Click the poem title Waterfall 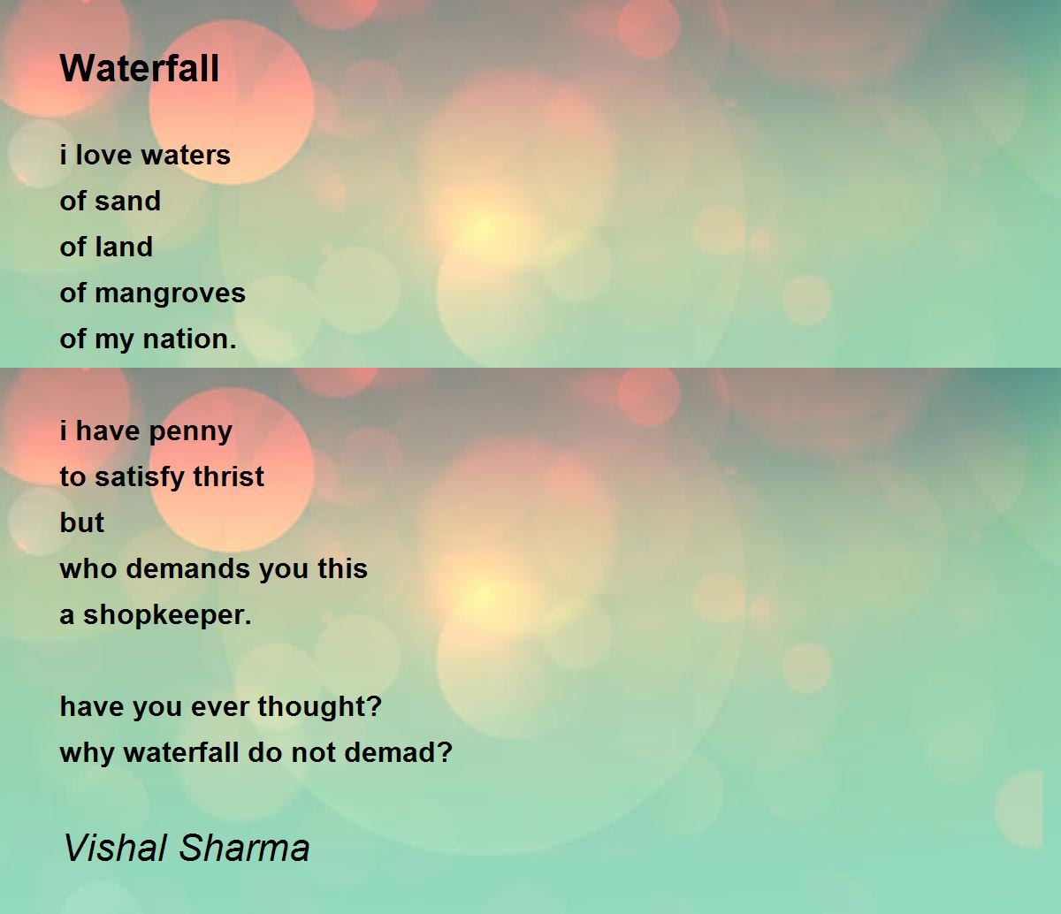tap(140, 69)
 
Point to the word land tap(124, 248)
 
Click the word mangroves tap(170, 293)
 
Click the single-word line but tap(81, 523)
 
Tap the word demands tap(187, 569)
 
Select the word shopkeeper tap(167, 615)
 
